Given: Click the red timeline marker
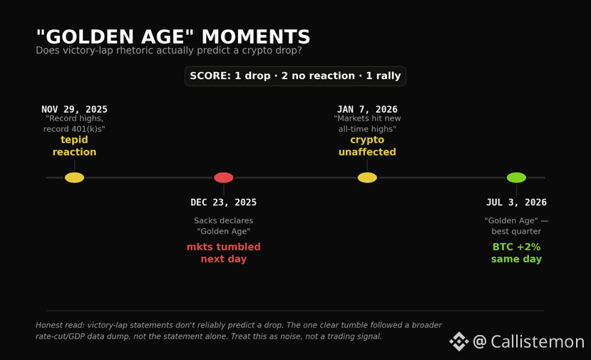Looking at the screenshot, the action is coord(224,178).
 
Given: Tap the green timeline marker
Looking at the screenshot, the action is coord(516,178).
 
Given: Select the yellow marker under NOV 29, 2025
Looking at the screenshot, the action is coord(74,178).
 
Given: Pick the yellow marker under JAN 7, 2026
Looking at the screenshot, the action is coord(367,178).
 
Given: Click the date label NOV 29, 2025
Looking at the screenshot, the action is coord(74,109).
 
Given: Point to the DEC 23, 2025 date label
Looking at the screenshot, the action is coord(224,202).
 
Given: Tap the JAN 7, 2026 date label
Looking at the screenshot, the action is coord(367,109).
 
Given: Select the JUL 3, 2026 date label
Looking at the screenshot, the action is coord(516,202).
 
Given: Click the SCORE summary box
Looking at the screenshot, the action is coord(295,76).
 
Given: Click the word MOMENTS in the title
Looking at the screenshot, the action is coord(256,37).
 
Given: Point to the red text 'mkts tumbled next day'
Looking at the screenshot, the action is coord(224,253).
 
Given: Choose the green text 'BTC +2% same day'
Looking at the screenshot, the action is coord(516,253).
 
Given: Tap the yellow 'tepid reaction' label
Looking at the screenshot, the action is coord(74,146).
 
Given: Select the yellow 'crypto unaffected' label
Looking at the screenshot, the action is coord(367,146).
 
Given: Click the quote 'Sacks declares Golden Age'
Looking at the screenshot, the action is coord(224,226).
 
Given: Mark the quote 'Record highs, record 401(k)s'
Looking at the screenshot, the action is coord(74,123).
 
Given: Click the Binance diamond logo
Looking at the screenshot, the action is coord(459,341).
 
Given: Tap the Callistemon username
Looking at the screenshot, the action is coord(528,341).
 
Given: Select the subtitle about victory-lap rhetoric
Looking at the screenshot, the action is coord(169,51).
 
